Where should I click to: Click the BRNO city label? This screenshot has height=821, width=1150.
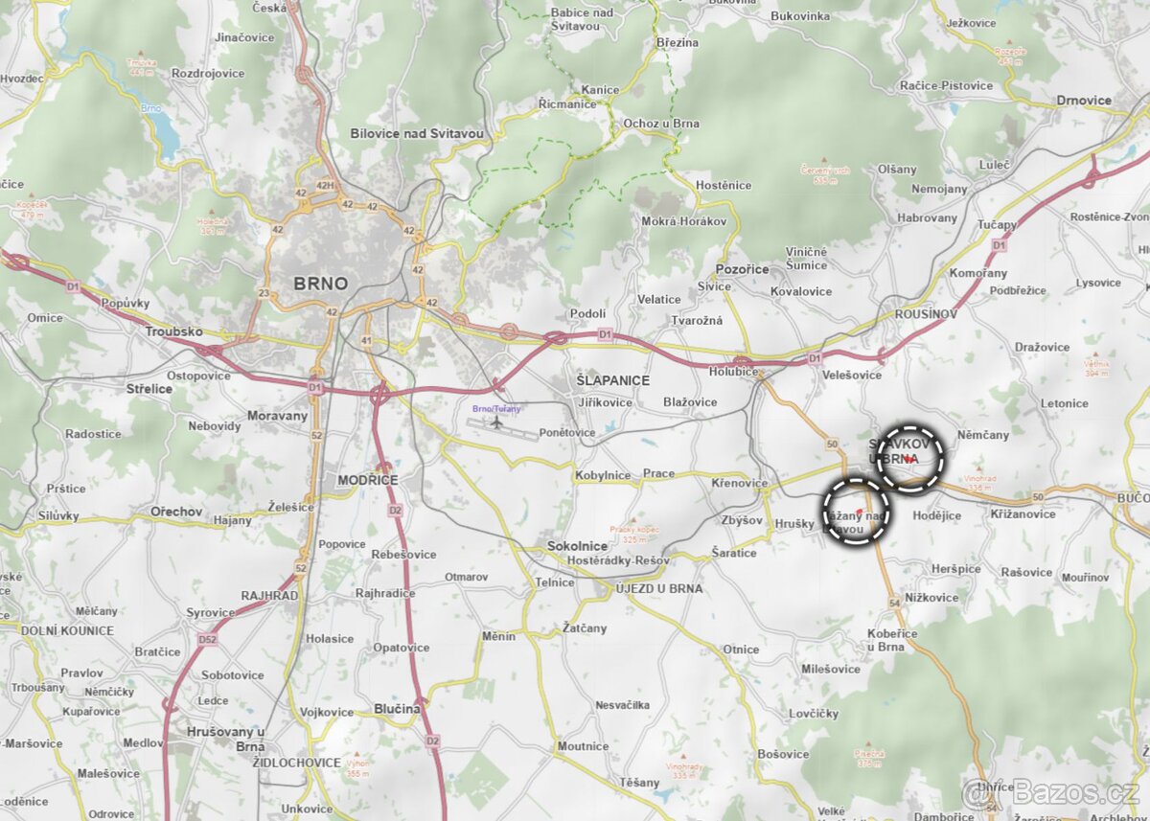click(x=320, y=284)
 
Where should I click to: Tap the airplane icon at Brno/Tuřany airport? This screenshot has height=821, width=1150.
click(x=496, y=422)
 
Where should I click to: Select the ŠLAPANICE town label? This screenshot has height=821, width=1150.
click(x=612, y=380)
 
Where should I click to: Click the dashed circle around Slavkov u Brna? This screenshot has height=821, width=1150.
click(x=911, y=459)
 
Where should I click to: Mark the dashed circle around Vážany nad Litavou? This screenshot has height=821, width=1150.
click(x=856, y=512)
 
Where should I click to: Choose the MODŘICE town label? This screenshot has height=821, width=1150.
click(x=367, y=480)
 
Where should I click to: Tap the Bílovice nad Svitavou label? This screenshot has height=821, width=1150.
click(x=417, y=134)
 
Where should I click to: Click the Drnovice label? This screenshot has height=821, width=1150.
click(x=1084, y=101)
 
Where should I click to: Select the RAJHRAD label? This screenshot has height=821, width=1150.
click(x=269, y=595)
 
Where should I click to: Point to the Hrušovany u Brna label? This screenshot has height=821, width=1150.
click(x=225, y=739)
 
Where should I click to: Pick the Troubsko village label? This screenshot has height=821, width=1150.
click(x=173, y=331)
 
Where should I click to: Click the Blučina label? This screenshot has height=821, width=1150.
click(x=398, y=709)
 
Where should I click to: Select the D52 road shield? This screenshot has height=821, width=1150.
click(x=206, y=639)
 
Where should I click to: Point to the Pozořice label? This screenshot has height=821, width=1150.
click(x=742, y=269)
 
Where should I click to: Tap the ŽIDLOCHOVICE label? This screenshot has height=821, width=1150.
click(x=296, y=763)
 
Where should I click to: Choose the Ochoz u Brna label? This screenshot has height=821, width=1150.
click(x=661, y=124)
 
